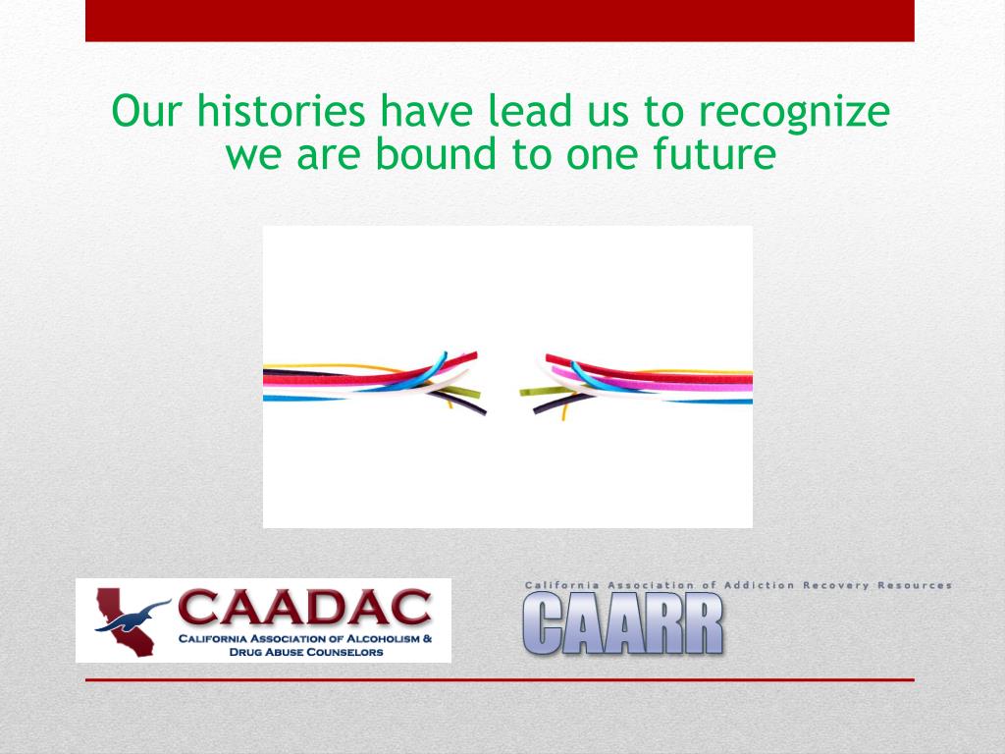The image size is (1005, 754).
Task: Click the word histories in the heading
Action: click(x=281, y=110)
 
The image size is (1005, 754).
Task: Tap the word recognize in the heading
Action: click(x=794, y=113)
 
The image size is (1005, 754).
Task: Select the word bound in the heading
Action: click(x=435, y=153)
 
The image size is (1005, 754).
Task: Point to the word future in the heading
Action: click(x=714, y=153)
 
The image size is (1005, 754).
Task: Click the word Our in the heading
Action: click(x=147, y=111)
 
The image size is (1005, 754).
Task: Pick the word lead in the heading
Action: click(x=528, y=110)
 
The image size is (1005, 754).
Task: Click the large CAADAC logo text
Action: click(x=304, y=607)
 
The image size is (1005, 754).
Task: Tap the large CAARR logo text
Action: click(x=623, y=623)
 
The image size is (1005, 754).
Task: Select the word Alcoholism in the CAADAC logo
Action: click(x=384, y=638)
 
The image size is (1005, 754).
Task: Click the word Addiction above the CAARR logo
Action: click(x=759, y=585)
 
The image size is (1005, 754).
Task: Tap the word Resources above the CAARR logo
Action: click(x=914, y=585)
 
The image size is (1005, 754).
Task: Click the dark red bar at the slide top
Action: click(x=500, y=21)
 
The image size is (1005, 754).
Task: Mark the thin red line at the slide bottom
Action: click(x=500, y=679)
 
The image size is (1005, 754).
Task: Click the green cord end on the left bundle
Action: click(x=478, y=395)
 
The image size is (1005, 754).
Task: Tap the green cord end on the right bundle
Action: click(x=522, y=391)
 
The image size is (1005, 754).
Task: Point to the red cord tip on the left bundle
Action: click(x=476, y=354)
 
